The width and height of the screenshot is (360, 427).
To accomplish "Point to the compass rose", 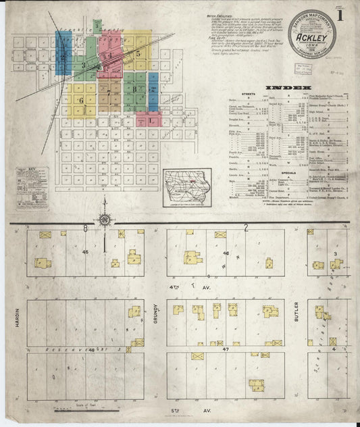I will pyautogui.click(x=105, y=218).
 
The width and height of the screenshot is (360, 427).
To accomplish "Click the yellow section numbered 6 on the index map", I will pyautogui.click(x=80, y=101).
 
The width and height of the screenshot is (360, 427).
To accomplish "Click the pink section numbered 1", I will pyautogui.click(x=150, y=120).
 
